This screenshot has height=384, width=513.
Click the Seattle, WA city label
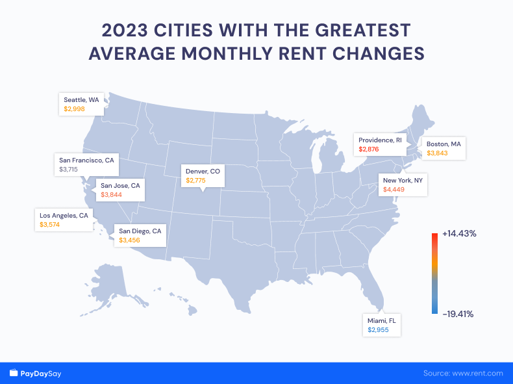81,99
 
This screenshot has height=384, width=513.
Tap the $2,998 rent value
74,109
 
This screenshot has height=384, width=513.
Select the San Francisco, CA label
86,160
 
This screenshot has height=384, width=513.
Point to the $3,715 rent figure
68,169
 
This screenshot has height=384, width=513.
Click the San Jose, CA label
120,185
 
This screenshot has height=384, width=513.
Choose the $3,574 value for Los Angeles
50,224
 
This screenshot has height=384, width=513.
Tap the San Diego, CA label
139,231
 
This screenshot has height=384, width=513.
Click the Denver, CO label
203,171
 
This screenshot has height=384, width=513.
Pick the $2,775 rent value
195,181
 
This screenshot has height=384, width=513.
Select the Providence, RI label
381,140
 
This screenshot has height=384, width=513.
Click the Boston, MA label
443,144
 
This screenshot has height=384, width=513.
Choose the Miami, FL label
382,320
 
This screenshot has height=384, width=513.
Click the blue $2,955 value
378,330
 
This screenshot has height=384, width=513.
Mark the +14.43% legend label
459,233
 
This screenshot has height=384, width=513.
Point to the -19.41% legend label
458,314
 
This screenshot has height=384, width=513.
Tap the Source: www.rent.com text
463,374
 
